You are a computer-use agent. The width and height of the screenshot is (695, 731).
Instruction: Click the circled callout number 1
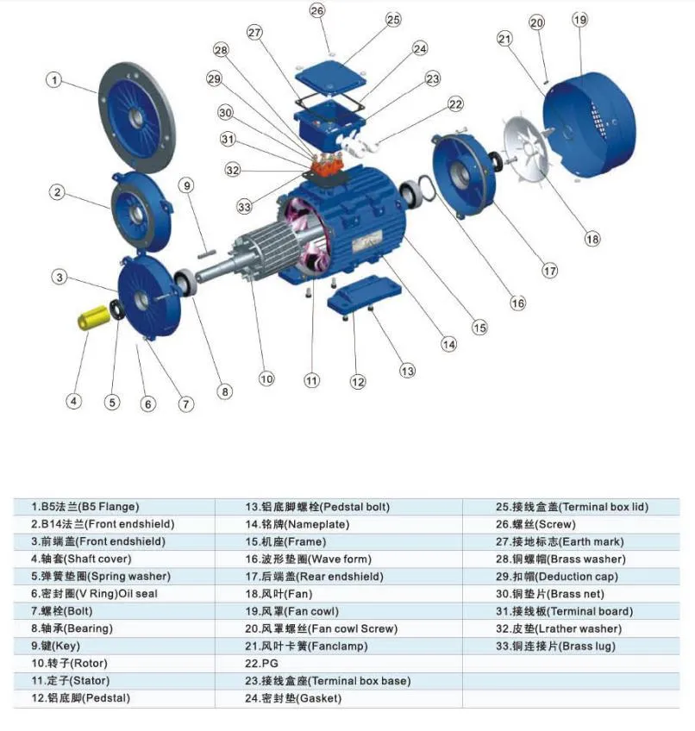(53, 80)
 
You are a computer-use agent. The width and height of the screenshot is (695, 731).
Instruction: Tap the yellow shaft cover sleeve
(91, 317)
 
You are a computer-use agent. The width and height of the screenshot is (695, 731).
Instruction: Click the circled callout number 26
(317, 11)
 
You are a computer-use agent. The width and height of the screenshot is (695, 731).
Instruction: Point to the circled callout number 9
(187, 184)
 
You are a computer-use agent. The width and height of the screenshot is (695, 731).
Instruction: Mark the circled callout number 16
(517, 303)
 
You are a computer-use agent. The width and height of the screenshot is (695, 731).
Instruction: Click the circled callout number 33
(245, 207)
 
